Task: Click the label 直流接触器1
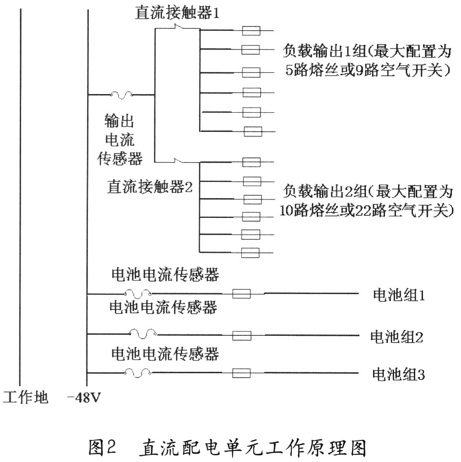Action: (x=177, y=12)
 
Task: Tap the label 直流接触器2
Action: (x=150, y=187)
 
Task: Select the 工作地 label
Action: (x=25, y=397)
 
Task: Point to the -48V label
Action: (x=84, y=398)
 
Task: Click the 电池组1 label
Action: (x=399, y=295)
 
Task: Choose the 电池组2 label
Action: (x=397, y=336)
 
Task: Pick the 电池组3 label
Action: (x=399, y=374)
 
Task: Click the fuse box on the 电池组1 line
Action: (x=242, y=294)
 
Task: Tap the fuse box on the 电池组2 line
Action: (x=242, y=336)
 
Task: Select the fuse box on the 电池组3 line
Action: (x=242, y=373)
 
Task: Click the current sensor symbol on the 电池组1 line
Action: (x=137, y=293)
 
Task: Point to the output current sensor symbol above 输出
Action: (x=121, y=95)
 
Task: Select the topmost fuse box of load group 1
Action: (x=251, y=31)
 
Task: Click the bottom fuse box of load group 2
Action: (x=250, y=253)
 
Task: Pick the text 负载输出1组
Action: (x=324, y=51)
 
